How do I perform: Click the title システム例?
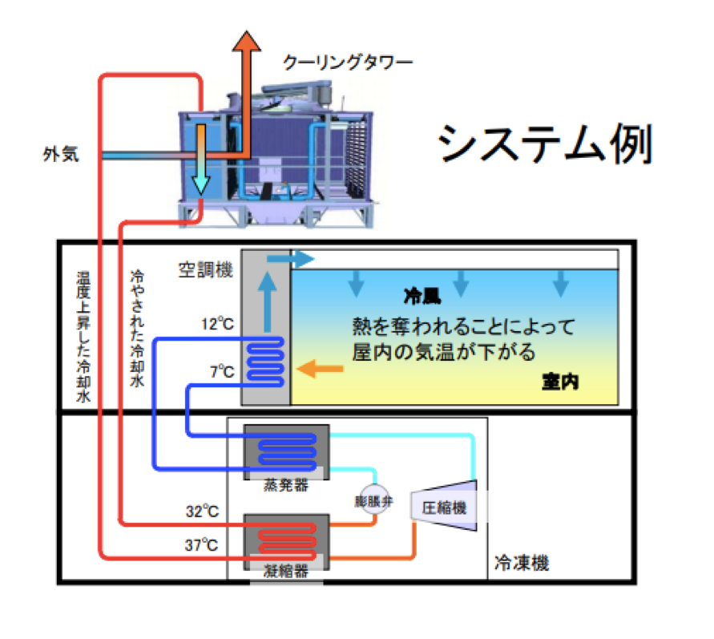tap(545, 145)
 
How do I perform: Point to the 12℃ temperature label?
tap(217, 326)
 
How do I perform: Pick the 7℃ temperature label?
tap(222, 372)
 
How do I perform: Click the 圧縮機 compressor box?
tap(443, 507)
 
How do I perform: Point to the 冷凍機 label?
tap(522, 563)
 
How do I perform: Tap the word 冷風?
tap(422, 296)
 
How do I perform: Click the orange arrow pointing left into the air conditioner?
tap(316, 369)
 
